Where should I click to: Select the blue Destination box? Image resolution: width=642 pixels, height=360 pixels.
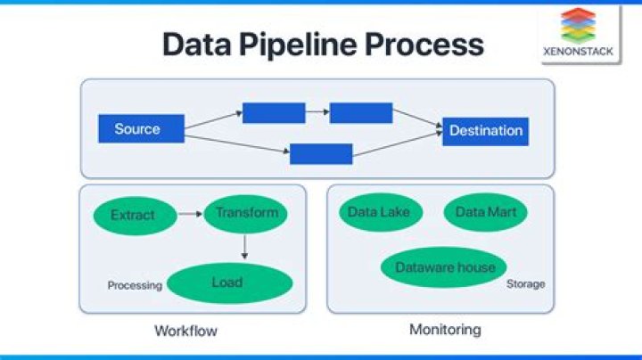(x=485, y=131)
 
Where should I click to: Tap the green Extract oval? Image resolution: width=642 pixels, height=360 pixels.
(x=132, y=215)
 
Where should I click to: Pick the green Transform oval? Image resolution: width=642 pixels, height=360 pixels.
(x=246, y=213)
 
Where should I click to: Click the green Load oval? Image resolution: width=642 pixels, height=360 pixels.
(x=229, y=283)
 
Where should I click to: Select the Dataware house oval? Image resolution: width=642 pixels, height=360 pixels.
(x=443, y=267)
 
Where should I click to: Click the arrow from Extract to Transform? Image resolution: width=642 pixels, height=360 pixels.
(x=188, y=214)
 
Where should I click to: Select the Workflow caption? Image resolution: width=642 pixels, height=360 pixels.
(x=185, y=331)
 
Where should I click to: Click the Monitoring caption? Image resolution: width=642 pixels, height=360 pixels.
(x=444, y=330)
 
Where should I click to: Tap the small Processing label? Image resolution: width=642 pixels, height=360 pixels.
(x=135, y=286)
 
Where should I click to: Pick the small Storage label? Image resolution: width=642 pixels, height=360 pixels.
(x=525, y=284)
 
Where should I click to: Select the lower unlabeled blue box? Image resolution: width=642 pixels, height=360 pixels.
(x=321, y=154)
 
